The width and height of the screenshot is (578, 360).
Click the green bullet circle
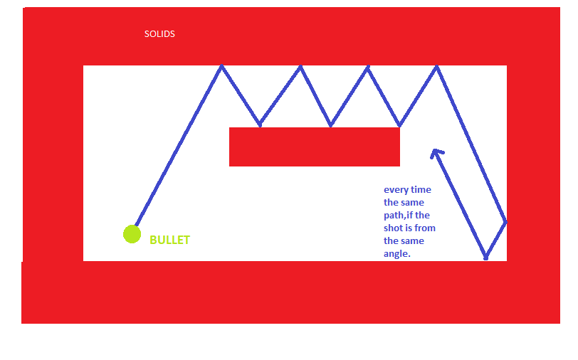click(x=132, y=234)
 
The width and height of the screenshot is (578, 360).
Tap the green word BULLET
click(x=169, y=240)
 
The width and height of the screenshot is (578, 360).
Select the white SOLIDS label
click(x=159, y=34)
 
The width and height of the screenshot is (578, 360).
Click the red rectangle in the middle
click(x=315, y=147)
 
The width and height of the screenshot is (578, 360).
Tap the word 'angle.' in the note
click(x=397, y=254)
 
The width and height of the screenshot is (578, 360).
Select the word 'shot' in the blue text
click(x=392, y=228)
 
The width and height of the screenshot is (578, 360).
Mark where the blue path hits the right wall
click(x=505, y=222)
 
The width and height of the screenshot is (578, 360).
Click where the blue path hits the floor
click(x=486, y=258)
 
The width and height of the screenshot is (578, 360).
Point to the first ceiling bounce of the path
click(x=221, y=66)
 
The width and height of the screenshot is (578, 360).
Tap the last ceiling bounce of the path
click(x=437, y=67)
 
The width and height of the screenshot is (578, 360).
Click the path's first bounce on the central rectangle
click(x=261, y=125)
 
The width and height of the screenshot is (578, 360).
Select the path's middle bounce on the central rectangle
click(x=331, y=125)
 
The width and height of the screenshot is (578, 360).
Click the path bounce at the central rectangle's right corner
click(x=399, y=125)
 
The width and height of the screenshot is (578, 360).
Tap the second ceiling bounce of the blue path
click(x=301, y=67)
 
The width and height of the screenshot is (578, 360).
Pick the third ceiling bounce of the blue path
click(x=368, y=67)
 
